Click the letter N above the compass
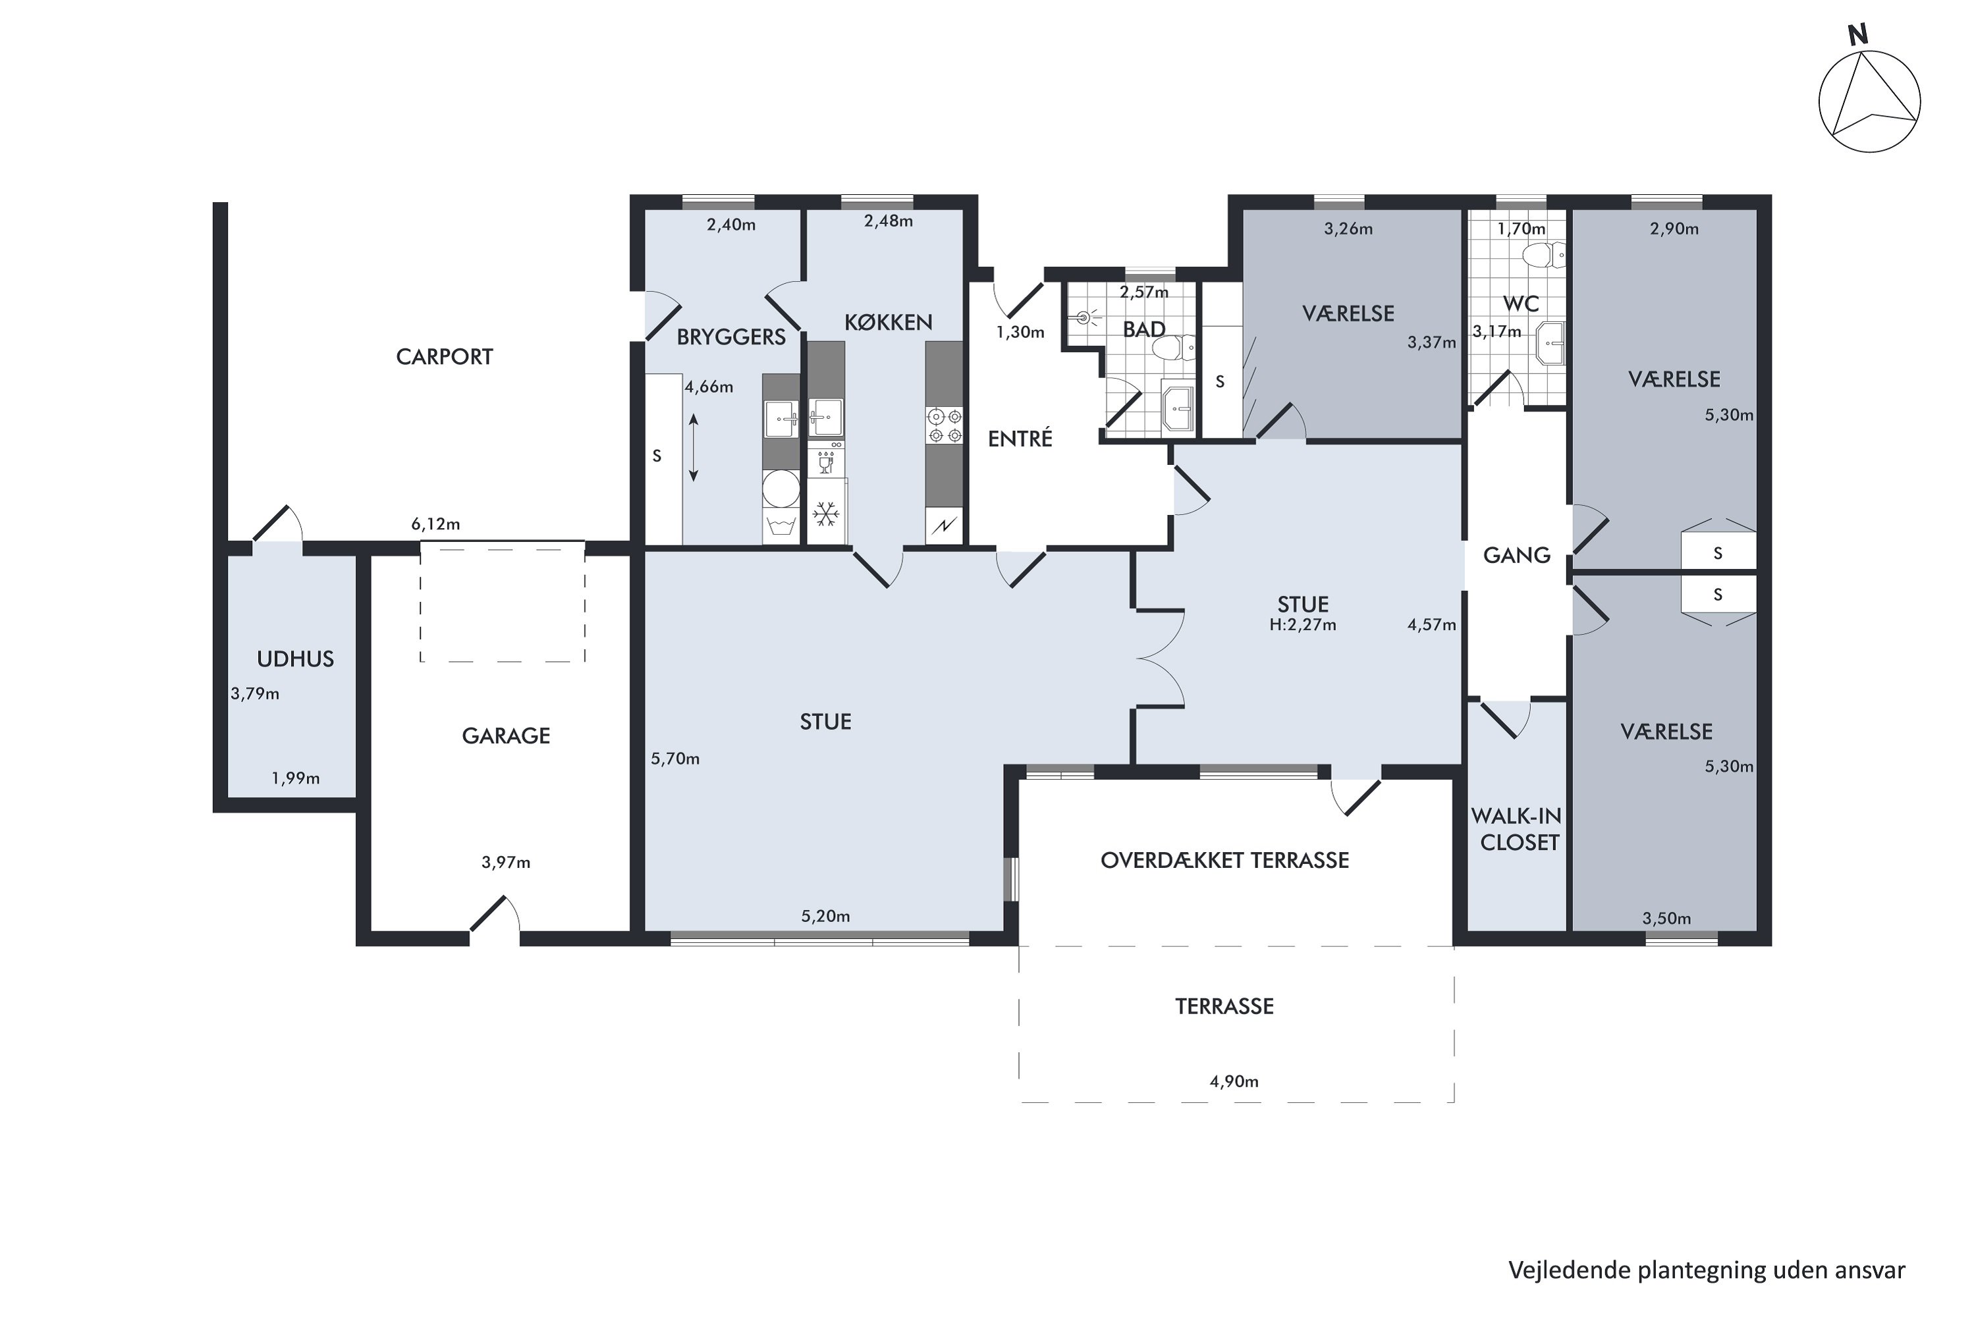pyautogui.click(x=1857, y=36)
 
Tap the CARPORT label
pyautogui.click(x=445, y=357)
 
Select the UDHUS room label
pyautogui.click(x=295, y=659)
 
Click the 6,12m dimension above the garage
pyautogui.click(x=435, y=524)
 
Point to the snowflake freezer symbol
pyautogui.click(x=826, y=514)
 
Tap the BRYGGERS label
pyautogui.click(x=731, y=338)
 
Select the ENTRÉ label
pyautogui.click(x=1020, y=439)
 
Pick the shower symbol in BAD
pyautogui.click(x=1084, y=317)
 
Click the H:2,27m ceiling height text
pyautogui.click(x=1302, y=625)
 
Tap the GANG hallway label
pyautogui.click(x=1516, y=555)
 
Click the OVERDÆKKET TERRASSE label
pyautogui.click(x=1224, y=860)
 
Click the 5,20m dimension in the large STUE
pyautogui.click(x=825, y=917)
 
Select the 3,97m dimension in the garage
pyautogui.click(x=506, y=863)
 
